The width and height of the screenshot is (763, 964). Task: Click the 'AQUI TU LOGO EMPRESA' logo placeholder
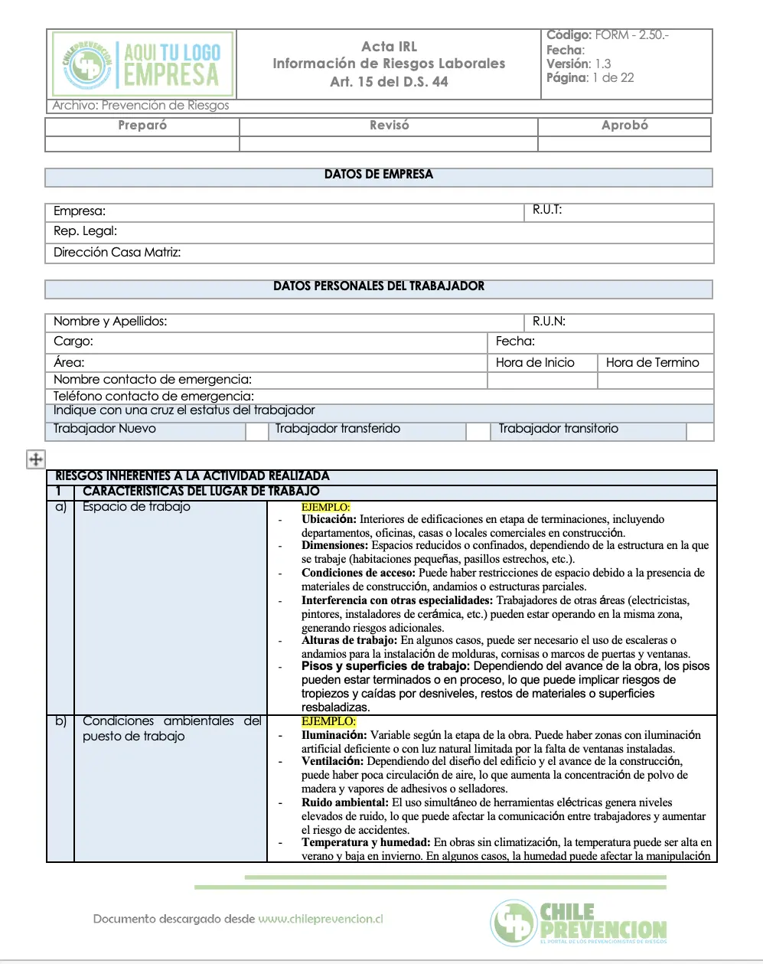point(142,64)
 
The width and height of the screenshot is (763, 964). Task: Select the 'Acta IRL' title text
point(389,47)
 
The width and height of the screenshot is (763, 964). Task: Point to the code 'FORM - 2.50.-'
point(631,35)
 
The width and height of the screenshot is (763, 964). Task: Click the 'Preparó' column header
point(142,126)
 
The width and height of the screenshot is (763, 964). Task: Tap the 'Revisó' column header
point(389,126)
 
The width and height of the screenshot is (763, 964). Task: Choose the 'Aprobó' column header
point(624,126)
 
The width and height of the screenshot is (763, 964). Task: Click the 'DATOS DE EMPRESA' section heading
point(378,175)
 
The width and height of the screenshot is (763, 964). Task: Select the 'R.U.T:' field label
point(547,210)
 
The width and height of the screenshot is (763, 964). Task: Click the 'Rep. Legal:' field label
point(85,231)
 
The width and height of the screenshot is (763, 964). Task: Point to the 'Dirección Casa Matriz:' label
point(117,253)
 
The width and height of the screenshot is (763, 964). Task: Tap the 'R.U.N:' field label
point(549,322)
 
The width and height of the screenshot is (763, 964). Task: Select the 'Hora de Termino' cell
point(652,363)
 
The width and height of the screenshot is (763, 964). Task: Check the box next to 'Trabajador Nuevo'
point(256,431)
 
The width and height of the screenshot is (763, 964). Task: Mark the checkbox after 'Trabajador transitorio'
point(699,431)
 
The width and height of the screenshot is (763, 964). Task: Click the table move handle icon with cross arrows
point(35,459)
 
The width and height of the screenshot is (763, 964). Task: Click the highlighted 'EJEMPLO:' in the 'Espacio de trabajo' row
point(325,507)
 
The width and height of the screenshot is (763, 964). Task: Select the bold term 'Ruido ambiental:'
point(344,802)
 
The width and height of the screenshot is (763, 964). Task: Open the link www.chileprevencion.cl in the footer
point(320,919)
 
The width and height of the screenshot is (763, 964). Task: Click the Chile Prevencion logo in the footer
point(579,923)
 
